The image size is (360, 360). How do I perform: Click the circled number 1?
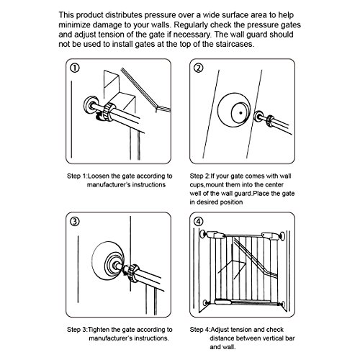coord(75,68)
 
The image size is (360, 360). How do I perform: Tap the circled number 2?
coord(199,68)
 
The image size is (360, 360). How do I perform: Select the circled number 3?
coord(75,222)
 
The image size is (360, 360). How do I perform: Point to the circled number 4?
coord(199,222)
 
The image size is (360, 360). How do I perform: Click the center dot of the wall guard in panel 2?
coord(240,112)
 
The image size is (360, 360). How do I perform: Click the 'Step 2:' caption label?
coord(200,176)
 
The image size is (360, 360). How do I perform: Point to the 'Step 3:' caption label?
coord(77,330)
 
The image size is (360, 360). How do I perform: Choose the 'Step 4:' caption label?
coord(200,330)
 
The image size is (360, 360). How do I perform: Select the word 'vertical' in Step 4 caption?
coord(272,338)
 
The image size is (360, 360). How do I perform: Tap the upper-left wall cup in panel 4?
coord(203,234)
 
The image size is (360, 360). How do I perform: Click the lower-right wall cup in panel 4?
coord(284,304)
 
